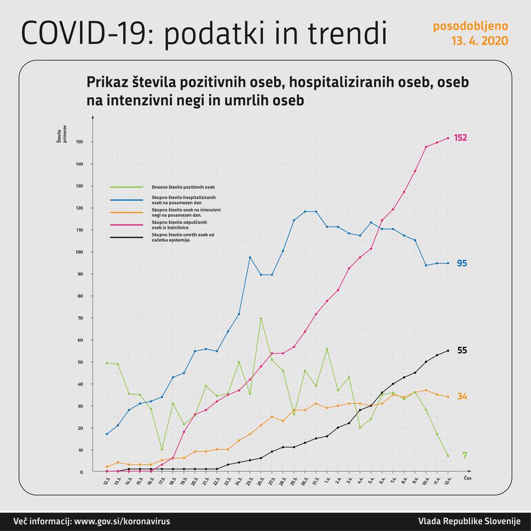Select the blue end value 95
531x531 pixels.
462,263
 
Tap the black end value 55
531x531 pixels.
462,350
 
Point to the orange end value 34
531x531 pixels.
462,397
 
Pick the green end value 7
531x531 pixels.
464,455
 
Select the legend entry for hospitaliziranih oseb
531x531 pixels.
184,199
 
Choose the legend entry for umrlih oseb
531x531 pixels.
184,237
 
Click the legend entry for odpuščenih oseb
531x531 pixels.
184,224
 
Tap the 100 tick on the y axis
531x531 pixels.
79,252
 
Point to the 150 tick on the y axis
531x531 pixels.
79,142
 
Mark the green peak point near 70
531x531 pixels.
260,318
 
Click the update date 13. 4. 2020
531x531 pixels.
479,41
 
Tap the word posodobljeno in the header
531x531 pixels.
470,26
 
